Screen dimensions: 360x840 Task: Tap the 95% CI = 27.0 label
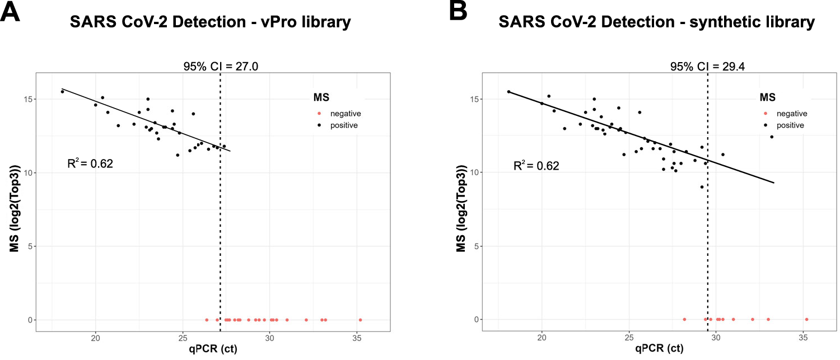(220, 67)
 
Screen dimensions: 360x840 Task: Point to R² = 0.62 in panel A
(90, 164)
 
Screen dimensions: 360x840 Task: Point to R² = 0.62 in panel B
(536, 166)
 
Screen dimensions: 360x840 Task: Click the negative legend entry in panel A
(341, 113)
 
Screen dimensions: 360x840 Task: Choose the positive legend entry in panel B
(787, 125)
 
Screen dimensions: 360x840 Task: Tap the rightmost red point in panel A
(360, 320)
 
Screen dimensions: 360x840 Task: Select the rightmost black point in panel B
(771, 137)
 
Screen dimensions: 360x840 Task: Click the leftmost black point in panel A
(62, 91)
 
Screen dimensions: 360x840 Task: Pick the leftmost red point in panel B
(684, 319)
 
